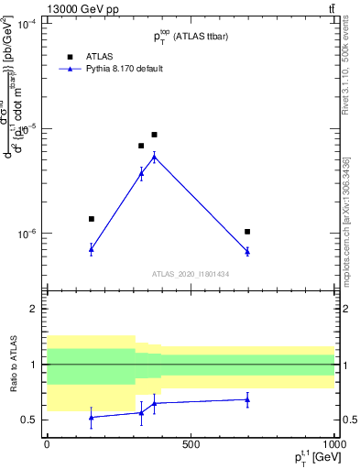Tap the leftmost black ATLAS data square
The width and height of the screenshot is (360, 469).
click(92, 219)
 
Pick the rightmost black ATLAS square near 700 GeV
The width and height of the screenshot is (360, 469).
click(247, 232)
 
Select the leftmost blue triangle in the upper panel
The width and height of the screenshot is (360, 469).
click(92, 249)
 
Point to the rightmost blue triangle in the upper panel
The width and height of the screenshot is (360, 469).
click(247, 251)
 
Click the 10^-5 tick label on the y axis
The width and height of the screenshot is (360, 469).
click(28, 128)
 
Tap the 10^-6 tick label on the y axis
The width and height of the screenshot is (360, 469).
click(28, 234)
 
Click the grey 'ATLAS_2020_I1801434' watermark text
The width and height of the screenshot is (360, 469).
click(191, 273)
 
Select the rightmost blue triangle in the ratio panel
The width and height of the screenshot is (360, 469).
click(247, 399)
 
